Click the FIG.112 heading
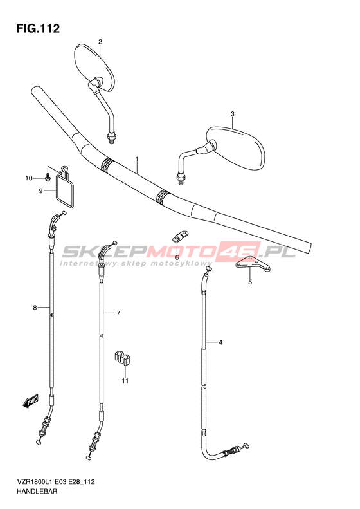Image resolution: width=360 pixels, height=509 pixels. pyautogui.click(x=38, y=28)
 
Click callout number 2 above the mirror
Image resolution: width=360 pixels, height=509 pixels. pyautogui.click(x=100, y=42)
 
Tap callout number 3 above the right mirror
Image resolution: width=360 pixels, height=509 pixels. pyautogui.click(x=232, y=114)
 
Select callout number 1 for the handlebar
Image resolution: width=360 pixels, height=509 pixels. pyautogui.click(x=137, y=159)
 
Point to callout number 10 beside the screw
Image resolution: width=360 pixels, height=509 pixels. pyautogui.click(x=29, y=178)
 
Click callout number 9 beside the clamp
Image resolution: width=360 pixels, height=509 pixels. pyautogui.click(x=41, y=191)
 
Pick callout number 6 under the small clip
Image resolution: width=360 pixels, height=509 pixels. pyautogui.click(x=177, y=257)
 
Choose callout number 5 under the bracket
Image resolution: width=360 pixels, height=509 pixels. pyautogui.click(x=250, y=282)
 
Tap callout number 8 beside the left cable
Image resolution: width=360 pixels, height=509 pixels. pyautogui.click(x=35, y=308)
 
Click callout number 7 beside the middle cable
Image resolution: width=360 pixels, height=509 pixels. pyautogui.click(x=118, y=313)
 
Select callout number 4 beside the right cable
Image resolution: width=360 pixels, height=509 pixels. pyautogui.click(x=221, y=342)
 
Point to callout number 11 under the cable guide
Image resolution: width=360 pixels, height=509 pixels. pyautogui.click(x=125, y=381)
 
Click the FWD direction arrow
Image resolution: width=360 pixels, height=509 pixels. pyautogui.click(x=30, y=401)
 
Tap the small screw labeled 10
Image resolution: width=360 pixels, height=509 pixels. pyautogui.click(x=48, y=177)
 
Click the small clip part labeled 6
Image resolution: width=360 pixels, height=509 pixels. pyautogui.click(x=180, y=236)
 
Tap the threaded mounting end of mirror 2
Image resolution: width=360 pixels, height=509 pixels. pyautogui.click(x=112, y=138)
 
